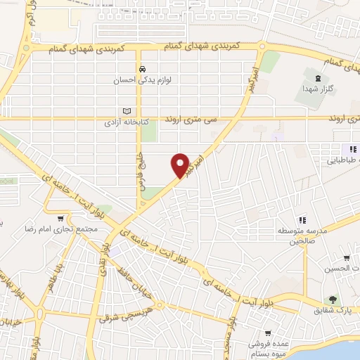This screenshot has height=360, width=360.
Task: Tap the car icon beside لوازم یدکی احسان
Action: coord(143,70)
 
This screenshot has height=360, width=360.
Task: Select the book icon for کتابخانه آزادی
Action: coord(127,111)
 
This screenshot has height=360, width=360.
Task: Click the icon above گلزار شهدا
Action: coord(319,77)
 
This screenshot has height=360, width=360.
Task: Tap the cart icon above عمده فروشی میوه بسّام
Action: coord(268,333)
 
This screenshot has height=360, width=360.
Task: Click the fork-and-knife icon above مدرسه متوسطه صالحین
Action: coord(302,220)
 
